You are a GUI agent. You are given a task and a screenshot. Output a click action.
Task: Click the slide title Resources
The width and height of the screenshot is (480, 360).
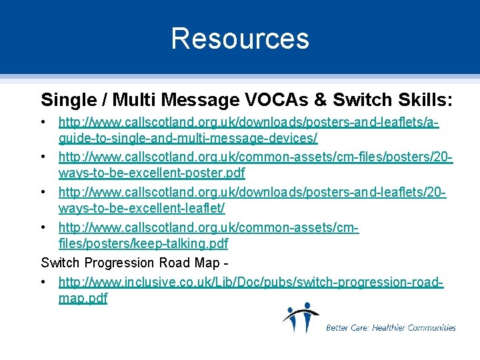240,38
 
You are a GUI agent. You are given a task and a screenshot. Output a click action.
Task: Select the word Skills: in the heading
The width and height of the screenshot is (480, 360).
424,100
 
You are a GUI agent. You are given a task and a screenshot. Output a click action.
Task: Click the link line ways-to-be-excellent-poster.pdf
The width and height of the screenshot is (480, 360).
152,173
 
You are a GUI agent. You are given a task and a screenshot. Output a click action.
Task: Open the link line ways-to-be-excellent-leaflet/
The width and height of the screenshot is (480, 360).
141,209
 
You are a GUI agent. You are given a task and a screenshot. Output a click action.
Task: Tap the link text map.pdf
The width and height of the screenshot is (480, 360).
83,299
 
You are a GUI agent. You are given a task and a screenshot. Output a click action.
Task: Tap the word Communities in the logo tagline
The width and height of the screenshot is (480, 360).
432,327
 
